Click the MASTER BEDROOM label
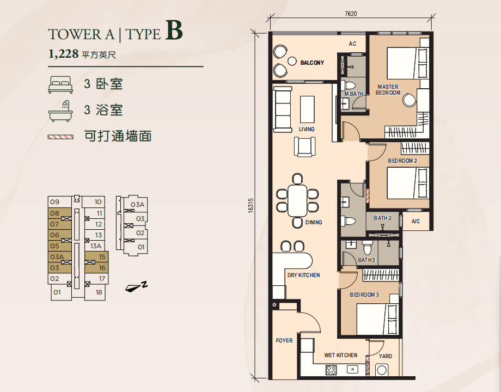388,90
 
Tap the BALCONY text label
312,63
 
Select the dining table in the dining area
297,201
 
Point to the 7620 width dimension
351,14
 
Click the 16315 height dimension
250,205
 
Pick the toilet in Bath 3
367,247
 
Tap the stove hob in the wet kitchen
331,370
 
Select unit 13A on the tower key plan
95,246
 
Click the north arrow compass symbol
136,287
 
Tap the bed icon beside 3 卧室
60,85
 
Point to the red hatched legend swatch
60,137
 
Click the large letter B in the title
174,30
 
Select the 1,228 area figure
63,54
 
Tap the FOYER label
284,341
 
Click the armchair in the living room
304,146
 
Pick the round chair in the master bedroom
410,100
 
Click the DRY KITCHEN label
303,275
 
